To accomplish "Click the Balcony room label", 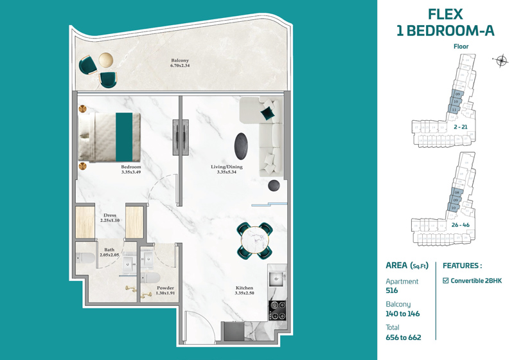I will pos(180,60).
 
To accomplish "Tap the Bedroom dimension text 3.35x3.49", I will pos(130,172).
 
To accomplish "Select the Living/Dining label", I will pos(228,167).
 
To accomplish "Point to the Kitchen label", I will pos(244,288).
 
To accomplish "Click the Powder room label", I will pos(166,288).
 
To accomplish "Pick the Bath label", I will pos(109,250).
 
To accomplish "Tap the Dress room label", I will pos(109,215).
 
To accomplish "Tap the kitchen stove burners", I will pos(278,310).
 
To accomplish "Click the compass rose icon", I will pos(502,61).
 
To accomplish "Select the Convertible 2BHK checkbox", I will pos(447,280).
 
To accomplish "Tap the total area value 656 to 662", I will pos(403,337).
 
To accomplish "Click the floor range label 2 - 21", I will pos(460,127).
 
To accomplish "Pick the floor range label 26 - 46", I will pos(461,225).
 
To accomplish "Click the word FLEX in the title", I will pos(445,14).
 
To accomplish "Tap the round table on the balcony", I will pos(105,60).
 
